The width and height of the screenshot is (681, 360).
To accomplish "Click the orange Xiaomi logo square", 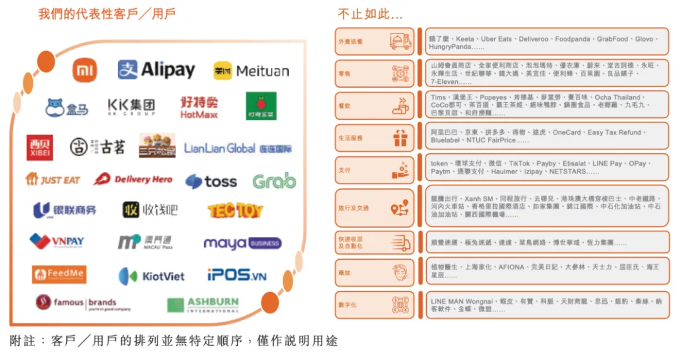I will (84, 71).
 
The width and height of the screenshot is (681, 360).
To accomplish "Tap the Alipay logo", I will (156, 70).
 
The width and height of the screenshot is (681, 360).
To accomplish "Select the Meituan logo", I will (250, 71).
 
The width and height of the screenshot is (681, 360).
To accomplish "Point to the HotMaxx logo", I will (199, 107).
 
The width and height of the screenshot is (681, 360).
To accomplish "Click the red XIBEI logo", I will (39, 147).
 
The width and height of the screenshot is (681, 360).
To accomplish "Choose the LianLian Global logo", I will (238, 149).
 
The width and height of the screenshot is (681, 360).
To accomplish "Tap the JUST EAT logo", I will (53, 180).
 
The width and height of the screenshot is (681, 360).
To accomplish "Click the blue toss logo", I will (211, 182).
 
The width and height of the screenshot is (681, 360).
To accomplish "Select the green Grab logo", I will (274, 182).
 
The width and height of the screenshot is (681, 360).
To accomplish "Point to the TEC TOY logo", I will (235, 211).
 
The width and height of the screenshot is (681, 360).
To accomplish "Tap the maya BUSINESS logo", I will (242, 243).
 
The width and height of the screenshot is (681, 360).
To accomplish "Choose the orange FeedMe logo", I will (59, 274).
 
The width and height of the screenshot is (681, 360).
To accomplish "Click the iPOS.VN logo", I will (237, 276).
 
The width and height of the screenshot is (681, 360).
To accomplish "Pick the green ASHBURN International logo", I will (203, 305).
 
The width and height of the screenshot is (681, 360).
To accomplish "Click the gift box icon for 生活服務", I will (400, 138).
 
